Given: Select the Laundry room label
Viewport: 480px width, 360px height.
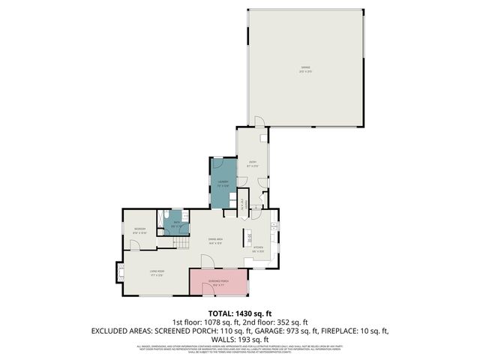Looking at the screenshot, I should click(223, 183).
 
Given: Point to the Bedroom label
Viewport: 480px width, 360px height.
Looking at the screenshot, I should click(139, 229).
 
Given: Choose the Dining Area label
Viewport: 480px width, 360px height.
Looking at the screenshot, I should click(215, 241).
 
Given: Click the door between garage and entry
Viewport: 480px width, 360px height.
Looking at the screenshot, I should click(258, 122).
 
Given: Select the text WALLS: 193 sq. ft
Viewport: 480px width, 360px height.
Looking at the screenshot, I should click(239, 339).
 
